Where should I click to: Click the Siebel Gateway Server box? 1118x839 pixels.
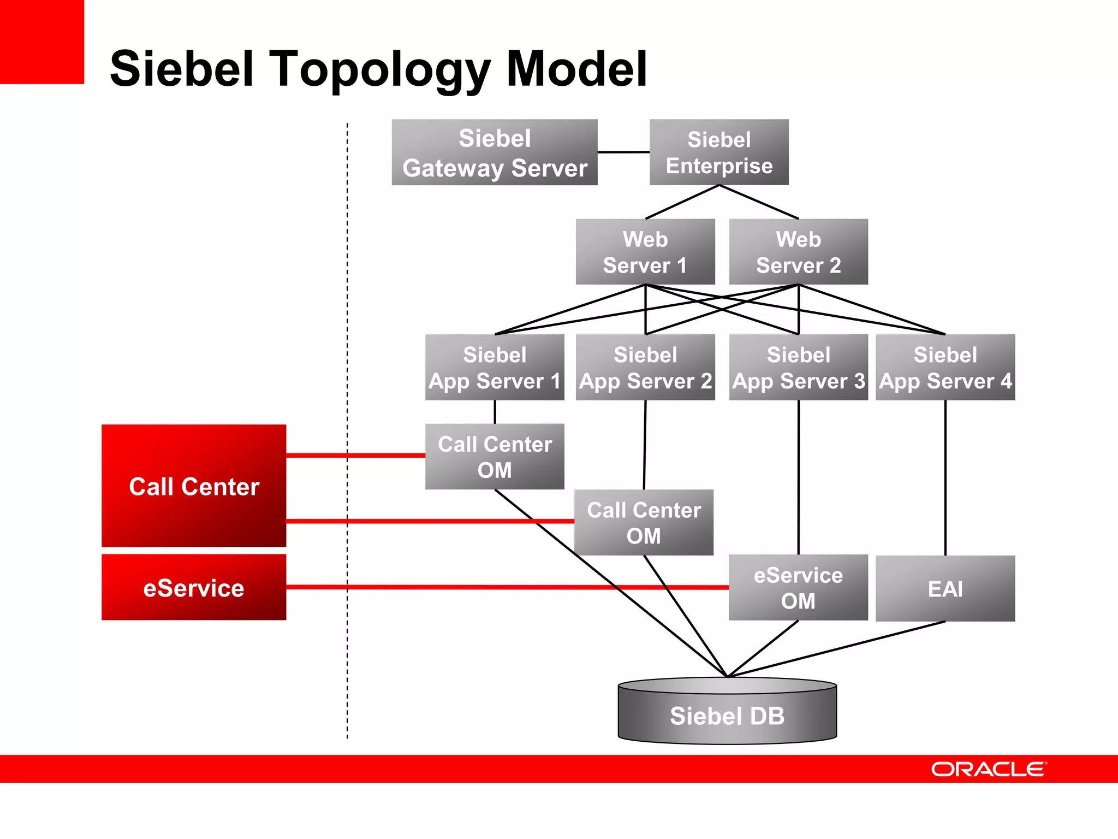(x=495, y=152)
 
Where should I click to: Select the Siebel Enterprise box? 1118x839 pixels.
(x=719, y=152)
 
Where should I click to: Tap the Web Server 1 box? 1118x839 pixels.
(x=645, y=252)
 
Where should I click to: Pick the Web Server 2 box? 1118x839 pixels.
(x=798, y=252)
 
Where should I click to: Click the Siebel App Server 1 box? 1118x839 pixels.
(x=495, y=367)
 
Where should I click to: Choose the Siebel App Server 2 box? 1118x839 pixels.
(x=645, y=367)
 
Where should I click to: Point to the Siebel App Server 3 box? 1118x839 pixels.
(x=798, y=367)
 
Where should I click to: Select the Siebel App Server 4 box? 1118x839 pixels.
(x=945, y=367)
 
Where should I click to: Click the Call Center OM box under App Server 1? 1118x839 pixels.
(x=495, y=457)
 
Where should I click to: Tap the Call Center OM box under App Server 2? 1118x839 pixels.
(x=644, y=523)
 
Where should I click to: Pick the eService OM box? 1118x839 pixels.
(x=798, y=588)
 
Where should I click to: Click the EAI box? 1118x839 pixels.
(x=945, y=588)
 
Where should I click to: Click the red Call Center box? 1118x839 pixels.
(x=194, y=486)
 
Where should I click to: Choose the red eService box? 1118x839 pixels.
(x=194, y=587)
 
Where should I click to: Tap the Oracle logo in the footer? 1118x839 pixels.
(x=989, y=769)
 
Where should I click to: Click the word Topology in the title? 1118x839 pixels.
(x=380, y=69)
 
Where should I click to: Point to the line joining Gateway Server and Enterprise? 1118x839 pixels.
(x=623, y=152)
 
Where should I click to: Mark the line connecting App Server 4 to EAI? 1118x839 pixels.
(x=945, y=478)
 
